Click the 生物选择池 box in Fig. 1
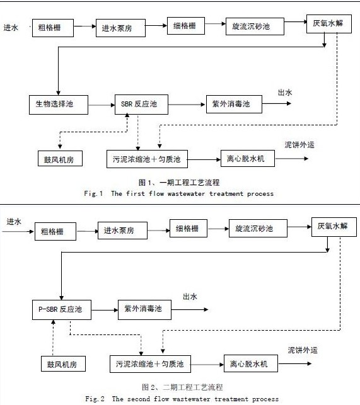pyautogui.click(x=59, y=105)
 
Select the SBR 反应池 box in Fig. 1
pyautogui.click(x=141, y=105)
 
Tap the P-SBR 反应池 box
pyautogui.click(x=62, y=310)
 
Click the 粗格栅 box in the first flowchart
pyautogui.click(x=53, y=28)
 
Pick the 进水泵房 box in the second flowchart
pyautogui.click(x=122, y=231)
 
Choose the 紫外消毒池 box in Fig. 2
pyautogui.click(x=144, y=310)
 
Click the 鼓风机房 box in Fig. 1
pyautogui.click(x=60, y=159)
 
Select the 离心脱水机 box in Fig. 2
pyautogui.click(x=251, y=363)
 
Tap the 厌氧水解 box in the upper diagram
pyautogui.click(x=329, y=24)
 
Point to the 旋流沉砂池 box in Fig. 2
pyautogui.click(x=258, y=229)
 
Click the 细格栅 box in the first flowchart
pyautogui.click(x=186, y=26)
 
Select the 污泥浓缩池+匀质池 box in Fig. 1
pyautogui.click(x=147, y=159)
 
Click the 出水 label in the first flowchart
pyautogui.click(x=285, y=93)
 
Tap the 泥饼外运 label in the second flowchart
pyautogui.click(x=303, y=350)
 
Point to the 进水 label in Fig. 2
pyautogui.click(x=14, y=222)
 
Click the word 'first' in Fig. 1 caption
pyautogui.click(x=136, y=193)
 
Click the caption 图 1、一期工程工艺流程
pyautogui.click(x=179, y=183)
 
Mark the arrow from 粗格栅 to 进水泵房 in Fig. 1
pyautogui.click(x=85, y=26)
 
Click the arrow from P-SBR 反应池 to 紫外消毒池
pyautogui.click(x=105, y=310)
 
